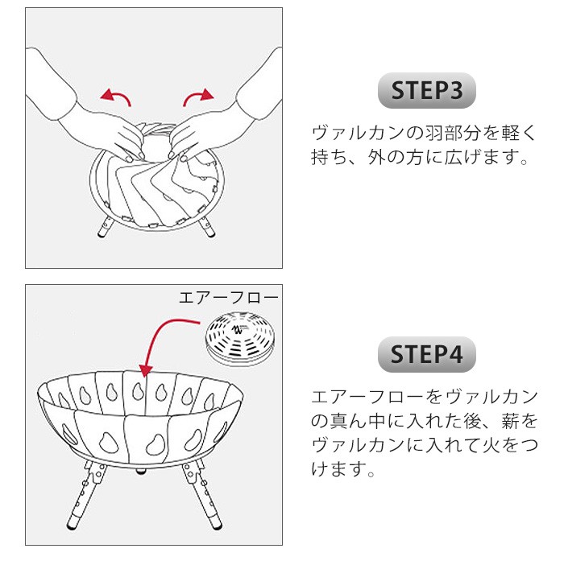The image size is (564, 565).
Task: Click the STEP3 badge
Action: (426, 90)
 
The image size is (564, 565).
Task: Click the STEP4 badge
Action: (426, 354)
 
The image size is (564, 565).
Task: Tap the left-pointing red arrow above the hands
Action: (117, 96)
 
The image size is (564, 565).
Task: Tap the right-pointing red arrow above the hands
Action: (197, 96)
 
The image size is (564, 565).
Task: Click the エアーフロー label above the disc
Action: (229, 298)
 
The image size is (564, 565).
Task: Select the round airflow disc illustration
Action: (240, 339)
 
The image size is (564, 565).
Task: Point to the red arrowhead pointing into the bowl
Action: (146, 370)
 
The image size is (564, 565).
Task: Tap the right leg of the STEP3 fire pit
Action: (207, 226)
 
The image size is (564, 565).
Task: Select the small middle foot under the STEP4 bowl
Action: (140, 470)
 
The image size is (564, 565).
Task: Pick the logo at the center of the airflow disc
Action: (238, 329)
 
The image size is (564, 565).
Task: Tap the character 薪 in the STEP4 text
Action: (510, 421)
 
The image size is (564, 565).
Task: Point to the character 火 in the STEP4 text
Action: (491, 445)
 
